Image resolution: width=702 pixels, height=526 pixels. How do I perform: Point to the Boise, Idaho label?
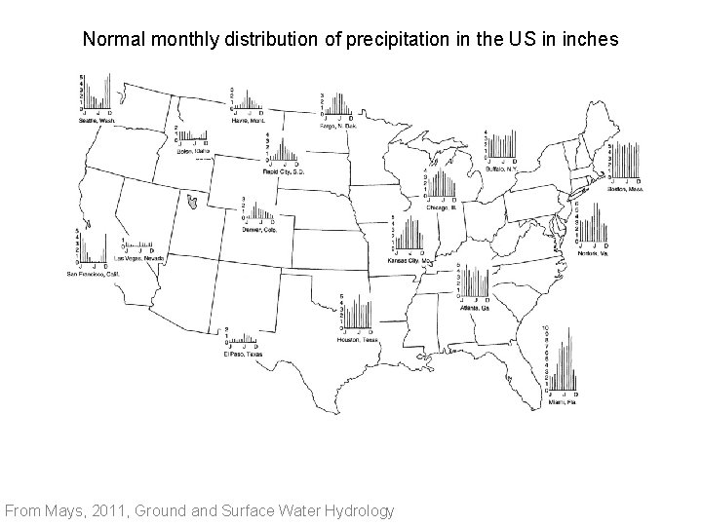[193, 151]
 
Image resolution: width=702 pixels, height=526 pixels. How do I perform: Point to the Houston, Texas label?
[358, 339]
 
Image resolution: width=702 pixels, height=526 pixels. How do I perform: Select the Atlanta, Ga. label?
[475, 308]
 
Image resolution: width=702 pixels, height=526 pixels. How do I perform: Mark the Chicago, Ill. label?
[441, 207]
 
